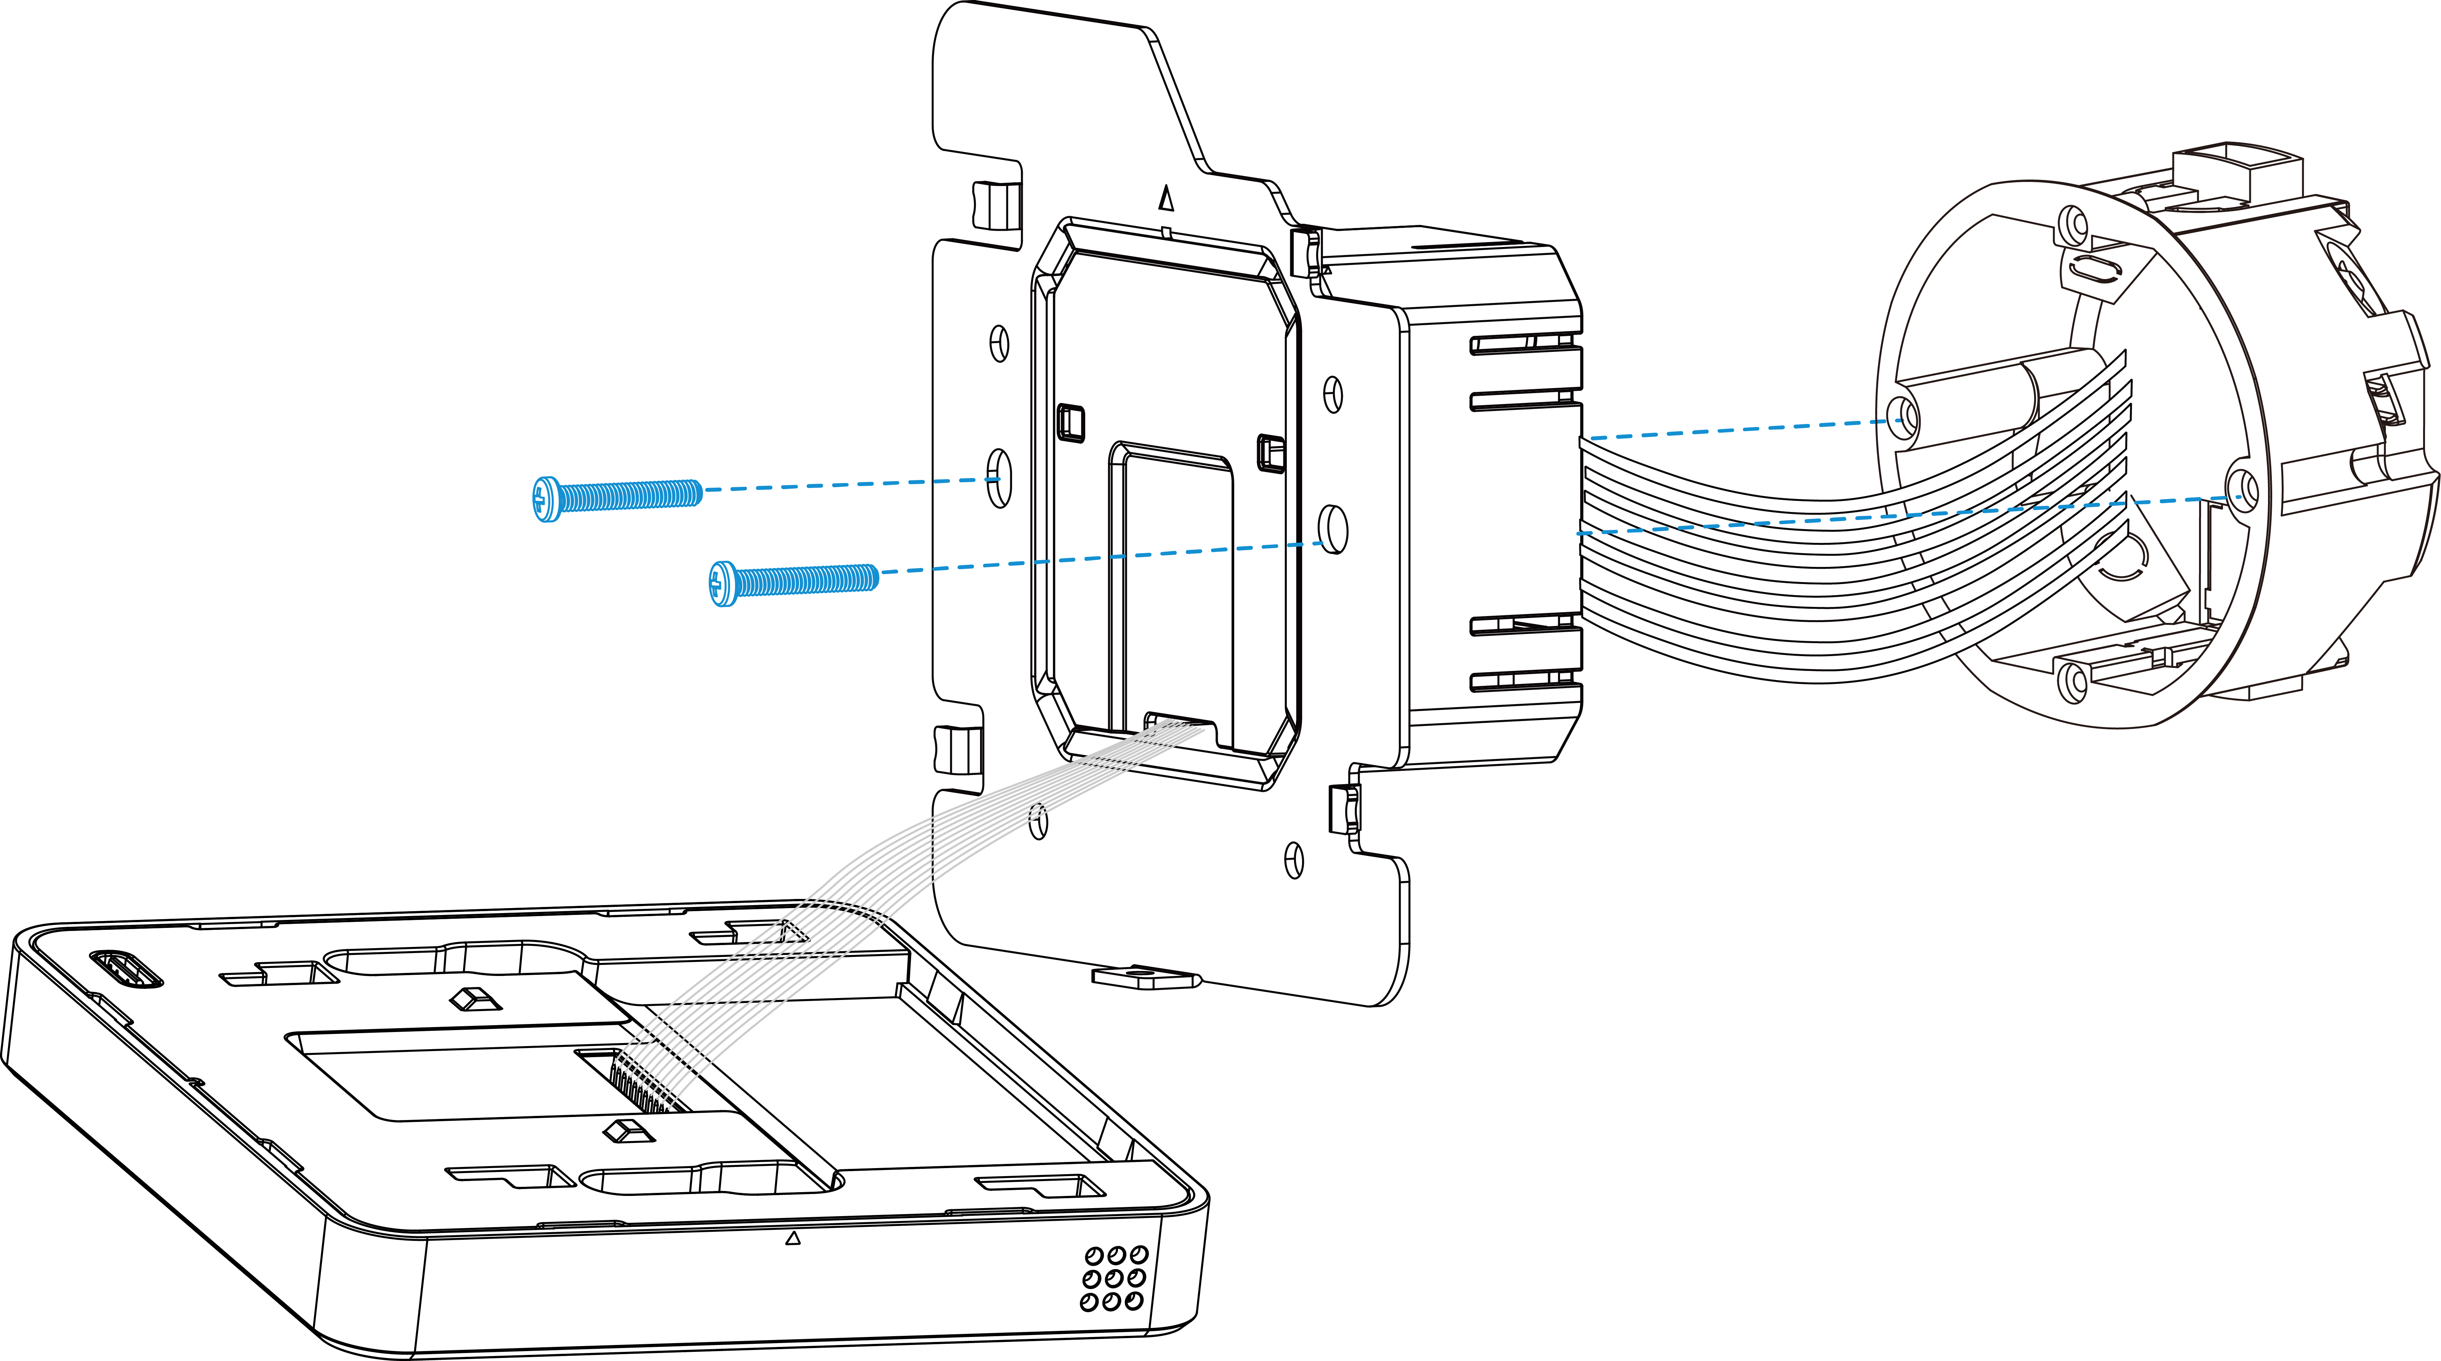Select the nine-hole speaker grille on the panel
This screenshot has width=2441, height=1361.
coord(1114,1278)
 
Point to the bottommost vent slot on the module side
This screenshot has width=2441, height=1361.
coord(1526,680)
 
